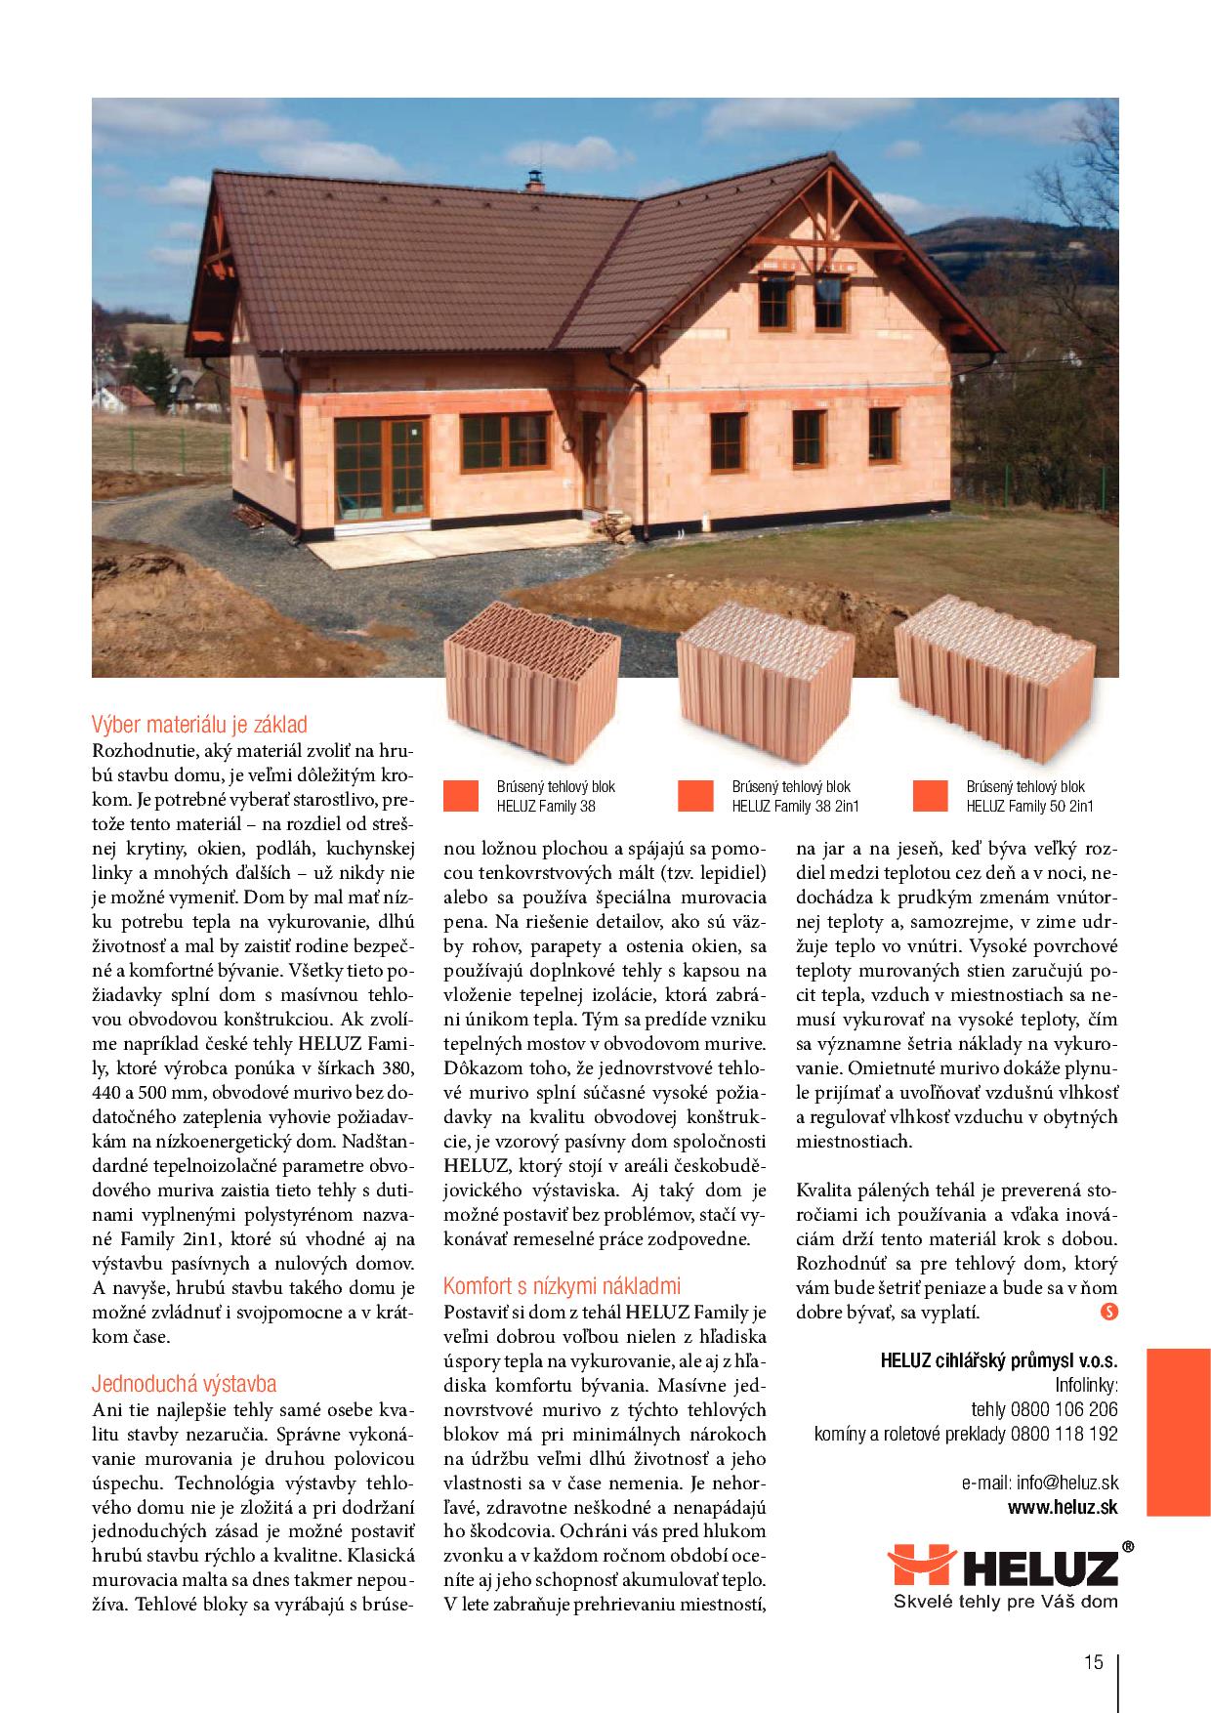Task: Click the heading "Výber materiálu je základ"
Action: coord(199,725)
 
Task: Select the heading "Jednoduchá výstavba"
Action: coord(184,1384)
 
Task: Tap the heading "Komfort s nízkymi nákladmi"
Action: coord(562,1285)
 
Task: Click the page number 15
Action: coord(1092,1661)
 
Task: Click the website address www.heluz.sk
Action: coord(1063,1508)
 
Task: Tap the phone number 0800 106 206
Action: coord(1070,1410)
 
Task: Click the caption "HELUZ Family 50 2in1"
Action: coord(1029,807)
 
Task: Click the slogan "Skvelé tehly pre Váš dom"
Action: coord(1006,1602)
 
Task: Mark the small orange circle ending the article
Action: coord(1108,1313)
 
